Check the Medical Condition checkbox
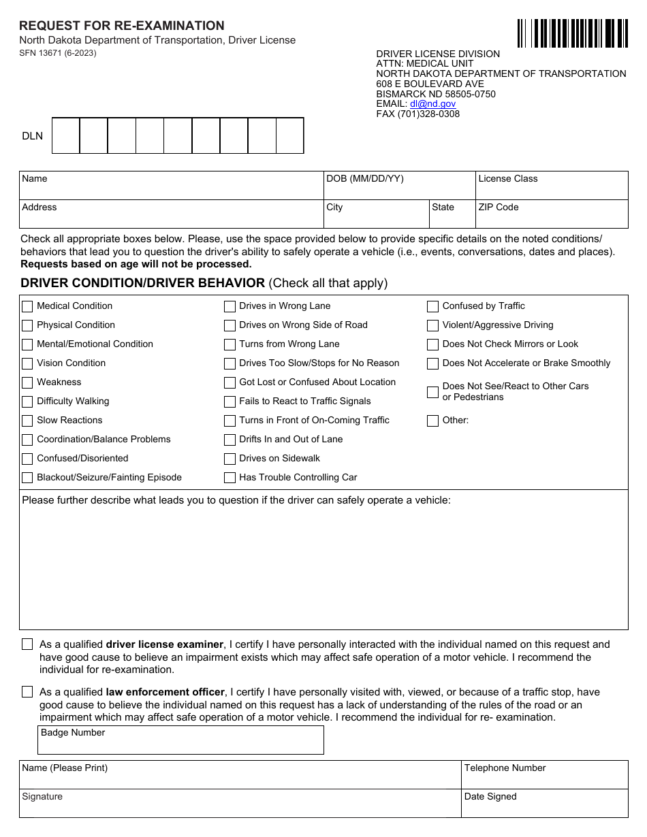tap(27, 306)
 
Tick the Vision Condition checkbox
tap(27, 363)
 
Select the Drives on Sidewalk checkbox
tap(230, 459)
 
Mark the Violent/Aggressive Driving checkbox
tap(432, 325)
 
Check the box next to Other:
tap(432, 421)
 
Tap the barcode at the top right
tap(572, 33)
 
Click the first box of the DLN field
tap(66, 136)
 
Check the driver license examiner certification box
tap(27, 644)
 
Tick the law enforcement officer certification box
tap(27, 691)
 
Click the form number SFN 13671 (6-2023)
tap(58, 53)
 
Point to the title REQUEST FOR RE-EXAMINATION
tap(122, 26)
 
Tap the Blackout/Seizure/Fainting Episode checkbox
tap(27, 478)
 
